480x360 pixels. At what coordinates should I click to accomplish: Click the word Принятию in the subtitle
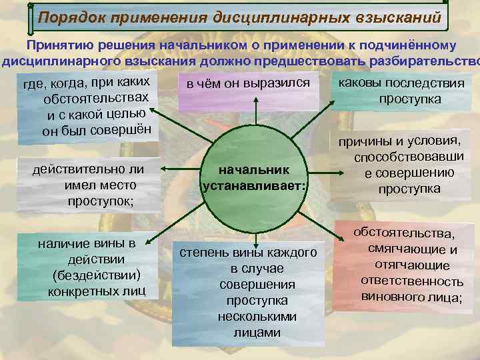(56, 45)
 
